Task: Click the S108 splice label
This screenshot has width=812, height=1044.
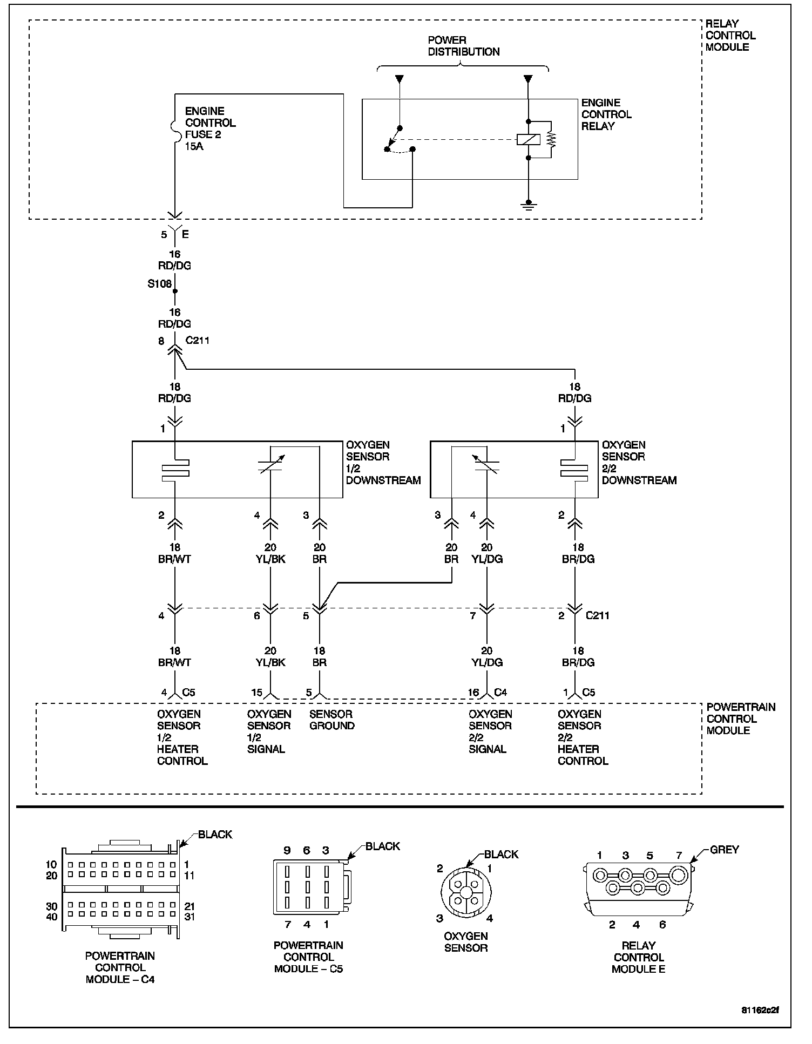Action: [159, 283]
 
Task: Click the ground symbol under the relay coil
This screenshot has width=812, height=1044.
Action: [529, 206]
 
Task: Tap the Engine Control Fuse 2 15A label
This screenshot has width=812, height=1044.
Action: [210, 128]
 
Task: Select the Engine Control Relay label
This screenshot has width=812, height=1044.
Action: [606, 114]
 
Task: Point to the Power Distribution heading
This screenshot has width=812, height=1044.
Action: [463, 46]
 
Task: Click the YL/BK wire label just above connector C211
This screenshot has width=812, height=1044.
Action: [270, 559]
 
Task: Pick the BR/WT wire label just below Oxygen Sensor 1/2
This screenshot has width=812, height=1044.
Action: [174, 559]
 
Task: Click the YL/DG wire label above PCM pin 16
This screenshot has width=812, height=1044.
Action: [487, 663]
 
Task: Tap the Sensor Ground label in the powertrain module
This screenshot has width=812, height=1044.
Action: [331, 720]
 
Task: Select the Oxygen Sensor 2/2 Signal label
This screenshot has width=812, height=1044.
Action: [490, 731]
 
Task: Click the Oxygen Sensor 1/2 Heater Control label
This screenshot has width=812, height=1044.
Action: [182, 737]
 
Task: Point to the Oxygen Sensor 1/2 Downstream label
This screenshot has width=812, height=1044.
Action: [383, 463]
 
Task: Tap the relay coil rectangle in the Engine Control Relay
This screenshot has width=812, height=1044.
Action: [529, 139]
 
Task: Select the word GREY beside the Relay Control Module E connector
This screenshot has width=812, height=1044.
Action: [724, 850]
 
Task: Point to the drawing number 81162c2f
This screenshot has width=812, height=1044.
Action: [760, 1010]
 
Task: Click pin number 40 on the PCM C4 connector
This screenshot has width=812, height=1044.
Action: [52, 917]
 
